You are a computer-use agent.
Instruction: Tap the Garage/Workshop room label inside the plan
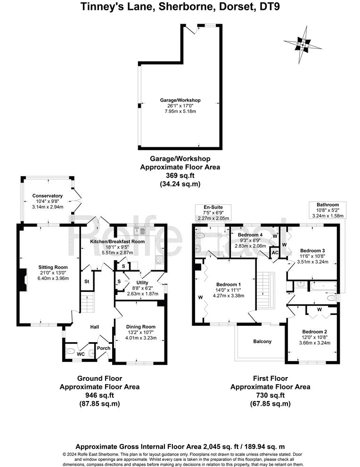tap(180, 100)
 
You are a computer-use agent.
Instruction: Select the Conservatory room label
tap(47, 196)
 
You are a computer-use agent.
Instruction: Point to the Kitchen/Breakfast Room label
tap(117, 242)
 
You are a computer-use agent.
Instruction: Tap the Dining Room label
tap(140, 327)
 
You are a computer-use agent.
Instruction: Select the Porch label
tap(103, 348)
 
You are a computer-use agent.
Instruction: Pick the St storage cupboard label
tap(87, 282)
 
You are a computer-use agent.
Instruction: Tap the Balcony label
tap(262, 341)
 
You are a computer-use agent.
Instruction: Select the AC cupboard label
tap(275, 252)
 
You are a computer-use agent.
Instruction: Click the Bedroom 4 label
tap(250, 234)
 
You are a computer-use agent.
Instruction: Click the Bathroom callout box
tap(327, 210)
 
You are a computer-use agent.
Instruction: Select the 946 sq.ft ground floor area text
tap(99, 395)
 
